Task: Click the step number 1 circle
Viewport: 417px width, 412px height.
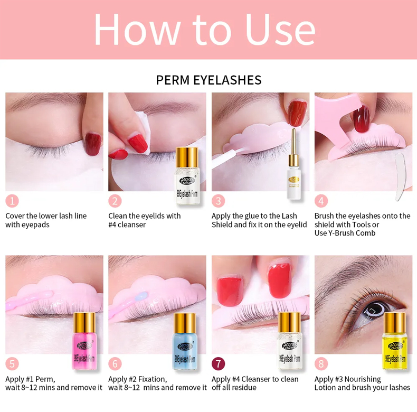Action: (x=12, y=201)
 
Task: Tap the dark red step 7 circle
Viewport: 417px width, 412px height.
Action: (x=219, y=364)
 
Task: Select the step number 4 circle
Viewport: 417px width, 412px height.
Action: (x=321, y=201)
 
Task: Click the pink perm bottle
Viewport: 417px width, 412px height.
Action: (x=84, y=341)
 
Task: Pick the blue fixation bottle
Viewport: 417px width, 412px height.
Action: (x=185, y=341)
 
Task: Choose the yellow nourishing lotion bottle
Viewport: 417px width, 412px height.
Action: (x=395, y=341)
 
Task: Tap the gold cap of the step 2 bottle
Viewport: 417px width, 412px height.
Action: (x=187, y=157)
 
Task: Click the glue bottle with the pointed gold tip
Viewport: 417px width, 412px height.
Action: (x=293, y=164)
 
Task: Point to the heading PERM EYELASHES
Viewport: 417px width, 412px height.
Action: (x=209, y=80)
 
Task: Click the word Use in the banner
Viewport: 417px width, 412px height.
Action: (x=281, y=29)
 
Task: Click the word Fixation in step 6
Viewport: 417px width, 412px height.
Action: (x=153, y=379)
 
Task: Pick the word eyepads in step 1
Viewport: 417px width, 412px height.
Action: (x=35, y=225)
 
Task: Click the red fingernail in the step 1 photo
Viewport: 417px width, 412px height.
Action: (x=93, y=144)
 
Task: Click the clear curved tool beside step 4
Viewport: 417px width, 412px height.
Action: (x=400, y=177)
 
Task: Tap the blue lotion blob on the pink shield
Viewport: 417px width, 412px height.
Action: (x=141, y=296)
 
